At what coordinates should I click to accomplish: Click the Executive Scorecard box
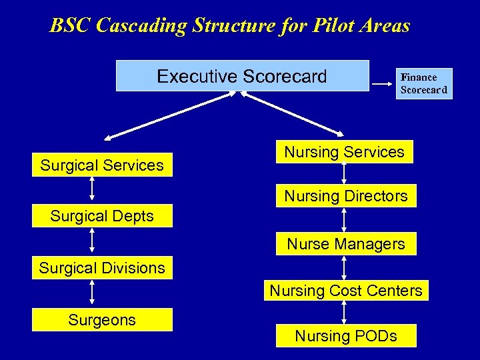242,75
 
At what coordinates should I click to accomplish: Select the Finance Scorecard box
424,83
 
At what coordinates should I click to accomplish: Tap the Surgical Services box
102,165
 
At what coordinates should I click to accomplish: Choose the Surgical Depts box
102,216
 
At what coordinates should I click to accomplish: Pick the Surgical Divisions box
102,267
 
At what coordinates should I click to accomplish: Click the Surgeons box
102,319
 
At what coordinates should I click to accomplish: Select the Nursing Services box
344,151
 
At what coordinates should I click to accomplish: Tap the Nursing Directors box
345,196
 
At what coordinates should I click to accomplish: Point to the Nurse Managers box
345,244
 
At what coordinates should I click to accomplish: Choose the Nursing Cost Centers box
345,290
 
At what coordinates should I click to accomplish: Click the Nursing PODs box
345,336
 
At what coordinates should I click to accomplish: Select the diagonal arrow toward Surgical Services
169,116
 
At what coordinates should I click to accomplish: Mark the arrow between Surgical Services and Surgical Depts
92,188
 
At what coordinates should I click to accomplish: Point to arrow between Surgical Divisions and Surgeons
92,293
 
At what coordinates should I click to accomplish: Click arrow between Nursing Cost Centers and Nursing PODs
344,312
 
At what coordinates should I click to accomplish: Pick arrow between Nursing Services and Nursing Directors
344,173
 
